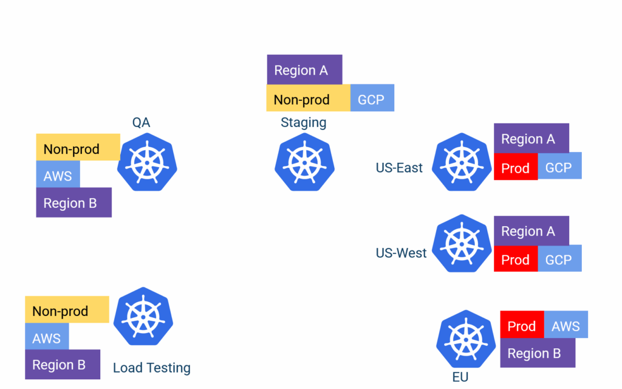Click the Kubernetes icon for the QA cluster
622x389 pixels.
point(147,162)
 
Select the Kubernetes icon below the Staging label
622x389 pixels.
point(304,162)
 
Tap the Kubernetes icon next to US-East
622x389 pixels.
point(462,162)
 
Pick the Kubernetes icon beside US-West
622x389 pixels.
point(462,243)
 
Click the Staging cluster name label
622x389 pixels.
point(303,123)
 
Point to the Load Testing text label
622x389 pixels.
point(152,368)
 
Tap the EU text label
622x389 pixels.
point(460,377)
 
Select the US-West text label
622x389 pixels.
point(401,253)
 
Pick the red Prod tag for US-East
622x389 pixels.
point(515,168)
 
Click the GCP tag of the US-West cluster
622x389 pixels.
point(559,260)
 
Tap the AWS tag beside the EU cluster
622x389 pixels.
point(566,326)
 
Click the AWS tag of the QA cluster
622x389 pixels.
point(58,176)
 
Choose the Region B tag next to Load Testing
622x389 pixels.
point(62,365)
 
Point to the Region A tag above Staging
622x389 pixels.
point(304,70)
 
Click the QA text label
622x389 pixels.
point(141,123)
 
